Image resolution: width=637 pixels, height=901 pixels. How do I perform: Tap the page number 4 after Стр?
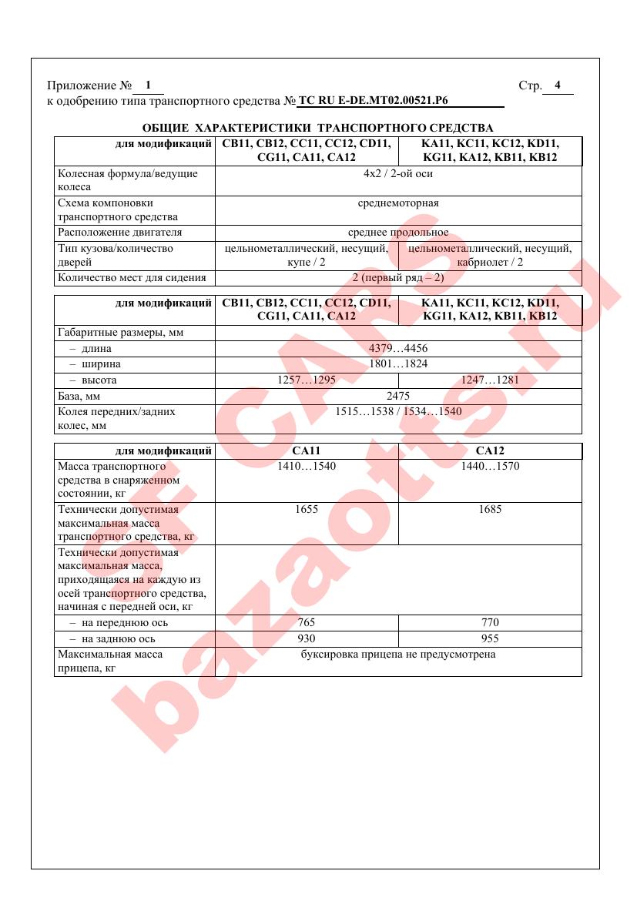(x=558, y=85)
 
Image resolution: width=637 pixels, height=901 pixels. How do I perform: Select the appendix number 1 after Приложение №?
(x=148, y=85)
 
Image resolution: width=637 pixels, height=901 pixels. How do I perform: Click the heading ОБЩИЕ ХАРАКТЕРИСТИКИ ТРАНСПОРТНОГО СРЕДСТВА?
(x=318, y=127)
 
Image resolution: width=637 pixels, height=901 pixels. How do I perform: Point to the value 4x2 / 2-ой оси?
(x=398, y=173)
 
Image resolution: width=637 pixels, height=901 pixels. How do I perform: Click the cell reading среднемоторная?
(x=398, y=203)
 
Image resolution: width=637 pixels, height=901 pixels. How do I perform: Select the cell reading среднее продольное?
(x=398, y=232)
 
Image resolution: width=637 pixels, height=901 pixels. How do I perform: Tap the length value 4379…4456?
(x=398, y=348)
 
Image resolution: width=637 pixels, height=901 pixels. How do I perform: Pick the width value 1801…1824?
(x=398, y=363)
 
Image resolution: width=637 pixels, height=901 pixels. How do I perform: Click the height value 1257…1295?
(x=307, y=380)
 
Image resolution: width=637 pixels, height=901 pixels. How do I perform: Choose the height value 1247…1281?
(x=490, y=380)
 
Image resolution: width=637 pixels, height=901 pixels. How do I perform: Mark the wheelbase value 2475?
(x=398, y=396)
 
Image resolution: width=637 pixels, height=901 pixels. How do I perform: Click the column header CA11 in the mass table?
(x=307, y=450)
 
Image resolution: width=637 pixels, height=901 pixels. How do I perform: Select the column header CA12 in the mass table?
(x=490, y=450)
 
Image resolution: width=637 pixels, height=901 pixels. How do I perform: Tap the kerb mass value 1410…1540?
(x=307, y=467)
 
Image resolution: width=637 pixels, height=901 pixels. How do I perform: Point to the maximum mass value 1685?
(x=490, y=509)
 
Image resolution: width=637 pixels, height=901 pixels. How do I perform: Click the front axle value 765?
(x=307, y=622)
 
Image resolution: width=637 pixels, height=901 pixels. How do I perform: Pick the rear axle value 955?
(x=490, y=638)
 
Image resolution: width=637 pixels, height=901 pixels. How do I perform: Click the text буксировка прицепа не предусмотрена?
(x=398, y=655)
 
